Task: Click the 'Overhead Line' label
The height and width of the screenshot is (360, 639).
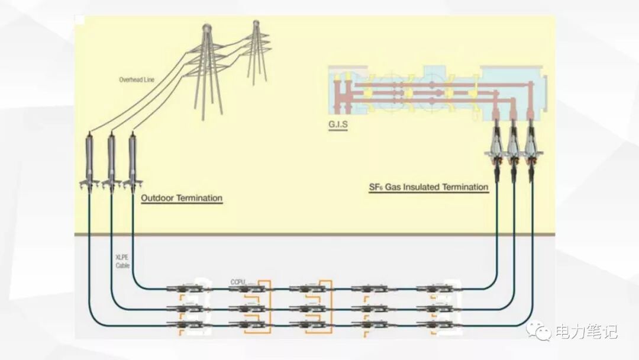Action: (137, 79)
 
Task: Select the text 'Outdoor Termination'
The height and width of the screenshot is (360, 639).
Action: (182, 198)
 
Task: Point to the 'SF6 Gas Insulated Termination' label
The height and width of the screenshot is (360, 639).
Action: (428, 187)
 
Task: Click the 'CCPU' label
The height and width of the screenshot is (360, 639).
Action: (237, 281)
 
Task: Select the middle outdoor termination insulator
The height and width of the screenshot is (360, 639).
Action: (111, 160)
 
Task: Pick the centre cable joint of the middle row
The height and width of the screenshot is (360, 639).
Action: (306, 308)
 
